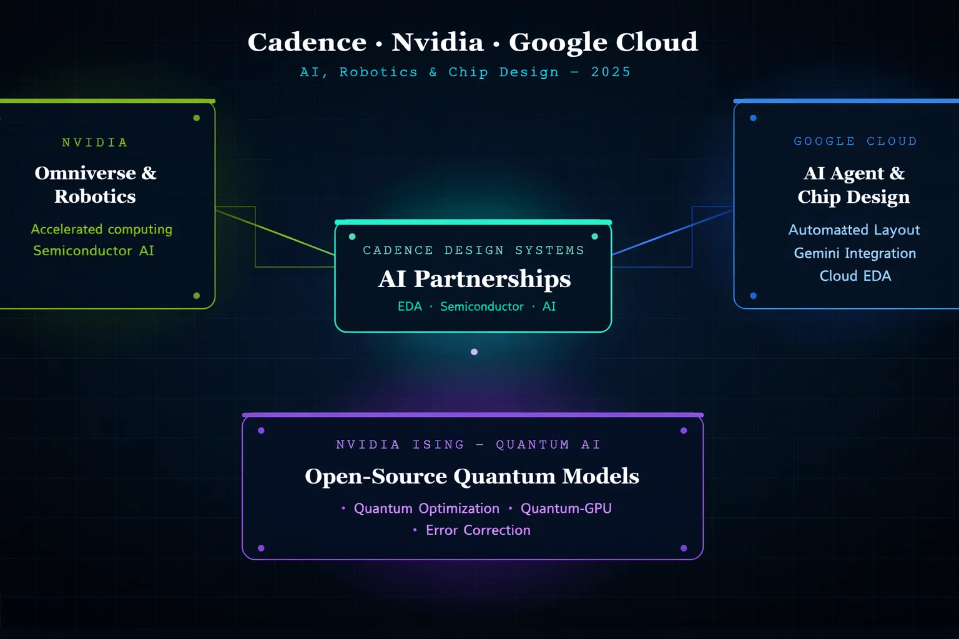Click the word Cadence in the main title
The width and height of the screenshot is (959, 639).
307,42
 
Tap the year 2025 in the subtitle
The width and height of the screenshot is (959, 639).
611,72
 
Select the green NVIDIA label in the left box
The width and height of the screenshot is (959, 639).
95,143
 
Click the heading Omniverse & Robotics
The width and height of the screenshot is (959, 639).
96,185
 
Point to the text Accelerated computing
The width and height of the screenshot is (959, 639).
102,230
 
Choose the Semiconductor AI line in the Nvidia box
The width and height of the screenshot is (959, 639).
94,251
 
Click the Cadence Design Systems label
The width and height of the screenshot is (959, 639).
473,251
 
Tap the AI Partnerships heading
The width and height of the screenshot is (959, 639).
474,279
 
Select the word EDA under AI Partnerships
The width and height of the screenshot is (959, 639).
410,307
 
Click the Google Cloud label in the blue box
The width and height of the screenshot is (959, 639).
855,142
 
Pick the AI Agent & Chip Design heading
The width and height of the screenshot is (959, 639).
853,185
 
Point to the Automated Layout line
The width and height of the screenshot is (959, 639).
853,230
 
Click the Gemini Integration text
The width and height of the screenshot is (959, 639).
855,253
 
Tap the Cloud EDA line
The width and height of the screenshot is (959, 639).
855,276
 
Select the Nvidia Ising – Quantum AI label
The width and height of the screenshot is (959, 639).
468,445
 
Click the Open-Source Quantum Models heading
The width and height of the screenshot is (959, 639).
472,476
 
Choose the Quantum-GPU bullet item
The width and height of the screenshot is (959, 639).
566,509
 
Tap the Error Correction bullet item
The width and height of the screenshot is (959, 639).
478,530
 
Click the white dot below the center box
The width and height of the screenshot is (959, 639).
474,352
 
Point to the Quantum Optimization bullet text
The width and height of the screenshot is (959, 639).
426,509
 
